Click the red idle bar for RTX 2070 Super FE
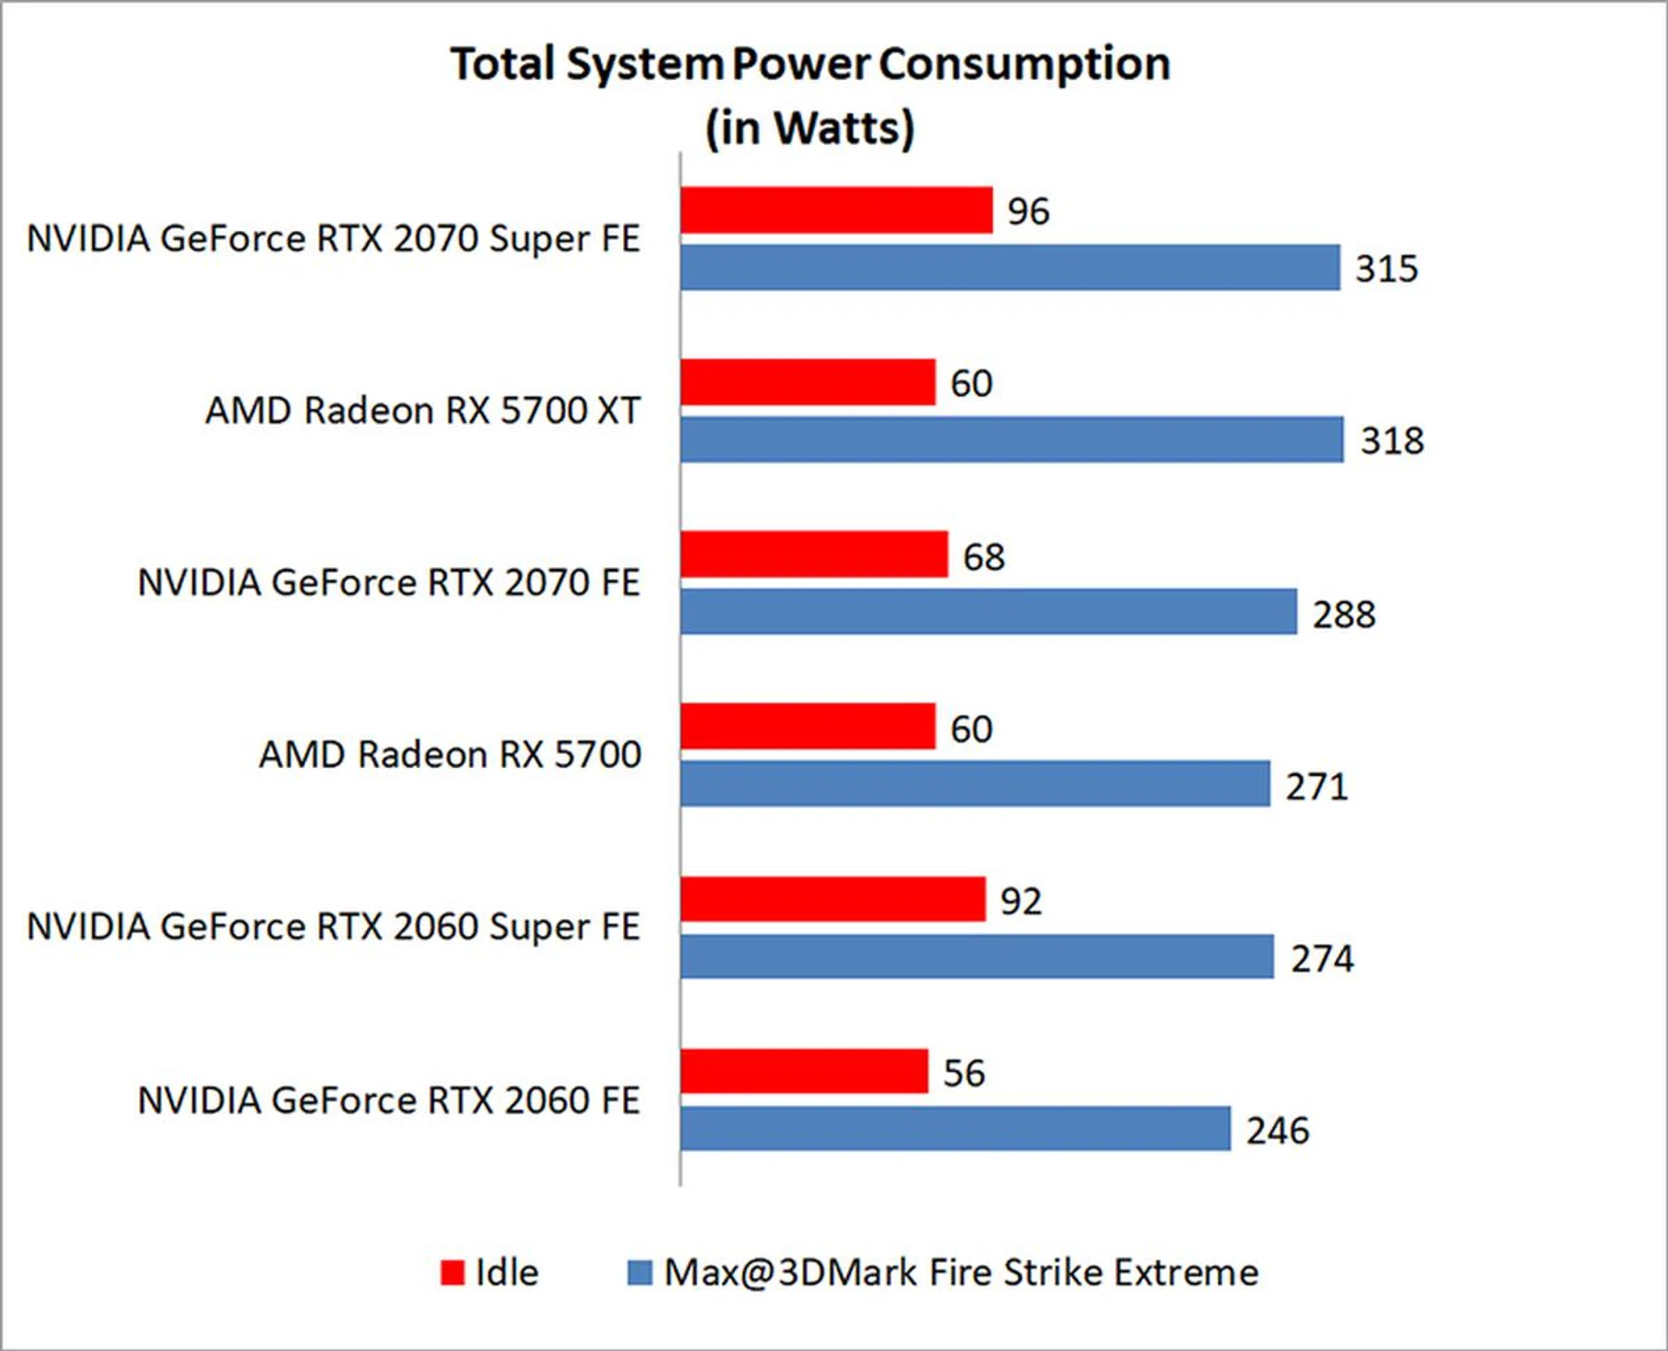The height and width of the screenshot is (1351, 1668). (x=836, y=210)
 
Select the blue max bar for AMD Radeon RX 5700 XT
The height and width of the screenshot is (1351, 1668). (x=1011, y=440)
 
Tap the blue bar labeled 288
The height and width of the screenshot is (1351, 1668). (x=988, y=612)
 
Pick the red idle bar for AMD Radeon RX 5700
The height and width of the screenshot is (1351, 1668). (x=807, y=726)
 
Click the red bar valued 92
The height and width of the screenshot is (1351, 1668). (x=832, y=899)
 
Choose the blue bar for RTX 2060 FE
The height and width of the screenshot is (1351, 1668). (x=955, y=1129)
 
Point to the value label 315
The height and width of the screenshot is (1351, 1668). (x=1387, y=268)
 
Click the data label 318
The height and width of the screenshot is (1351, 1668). (x=1392, y=440)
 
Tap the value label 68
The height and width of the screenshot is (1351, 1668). (x=983, y=557)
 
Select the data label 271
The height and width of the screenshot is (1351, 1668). (x=1317, y=786)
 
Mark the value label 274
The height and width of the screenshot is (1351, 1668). (x=1321, y=958)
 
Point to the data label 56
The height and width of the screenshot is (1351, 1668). (x=963, y=1073)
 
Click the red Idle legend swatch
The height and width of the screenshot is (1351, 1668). (x=453, y=1273)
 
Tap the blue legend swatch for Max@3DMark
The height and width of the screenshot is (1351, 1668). (x=639, y=1273)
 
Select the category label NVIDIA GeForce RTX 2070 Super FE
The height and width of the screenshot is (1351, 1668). (x=334, y=239)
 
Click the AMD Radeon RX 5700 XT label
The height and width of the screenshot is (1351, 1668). (x=423, y=411)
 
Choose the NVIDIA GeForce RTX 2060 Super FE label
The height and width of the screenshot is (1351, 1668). (x=334, y=927)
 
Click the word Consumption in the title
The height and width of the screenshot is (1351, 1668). (x=1024, y=64)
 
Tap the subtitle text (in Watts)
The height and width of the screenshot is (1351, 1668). (x=810, y=129)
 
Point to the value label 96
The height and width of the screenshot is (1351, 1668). (x=1029, y=211)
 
